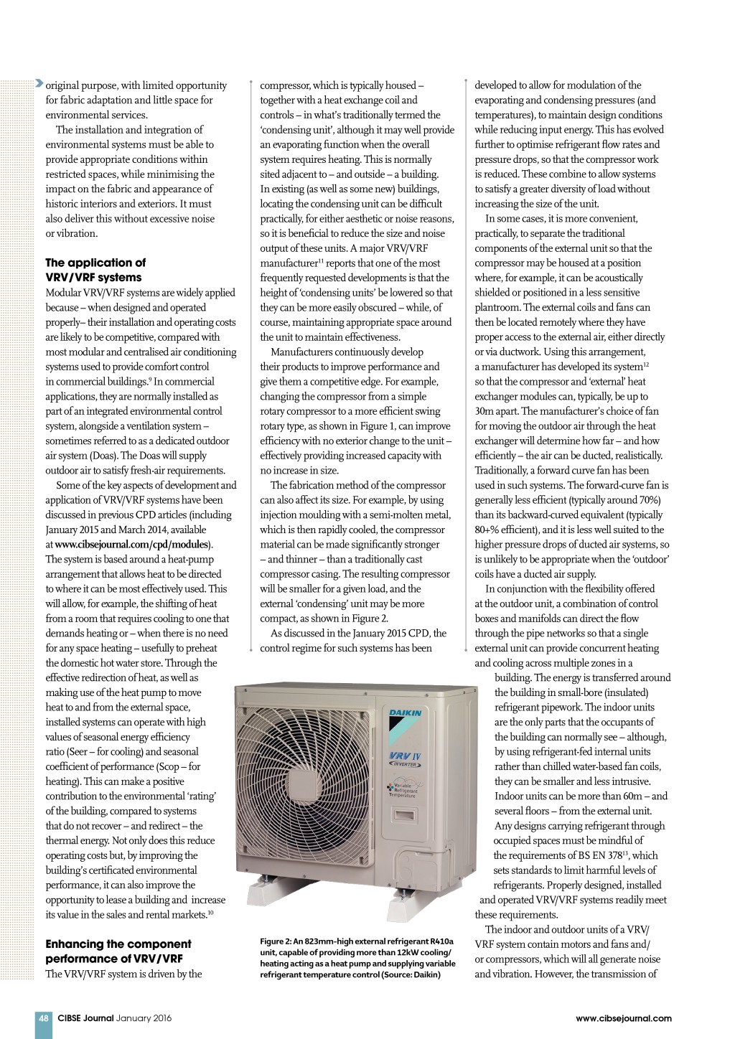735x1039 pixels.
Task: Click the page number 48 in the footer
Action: point(43,1017)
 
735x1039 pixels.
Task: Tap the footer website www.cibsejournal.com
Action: point(624,1017)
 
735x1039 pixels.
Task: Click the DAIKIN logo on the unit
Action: point(406,713)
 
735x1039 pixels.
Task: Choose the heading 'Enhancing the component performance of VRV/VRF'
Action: point(118,951)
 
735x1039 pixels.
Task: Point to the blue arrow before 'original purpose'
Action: point(39,85)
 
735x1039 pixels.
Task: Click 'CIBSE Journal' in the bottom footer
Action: point(85,1017)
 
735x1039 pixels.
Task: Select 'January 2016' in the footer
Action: point(144,1017)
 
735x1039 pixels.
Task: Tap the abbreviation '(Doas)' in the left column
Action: point(103,456)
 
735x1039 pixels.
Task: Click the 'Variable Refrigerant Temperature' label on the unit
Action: point(404,790)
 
